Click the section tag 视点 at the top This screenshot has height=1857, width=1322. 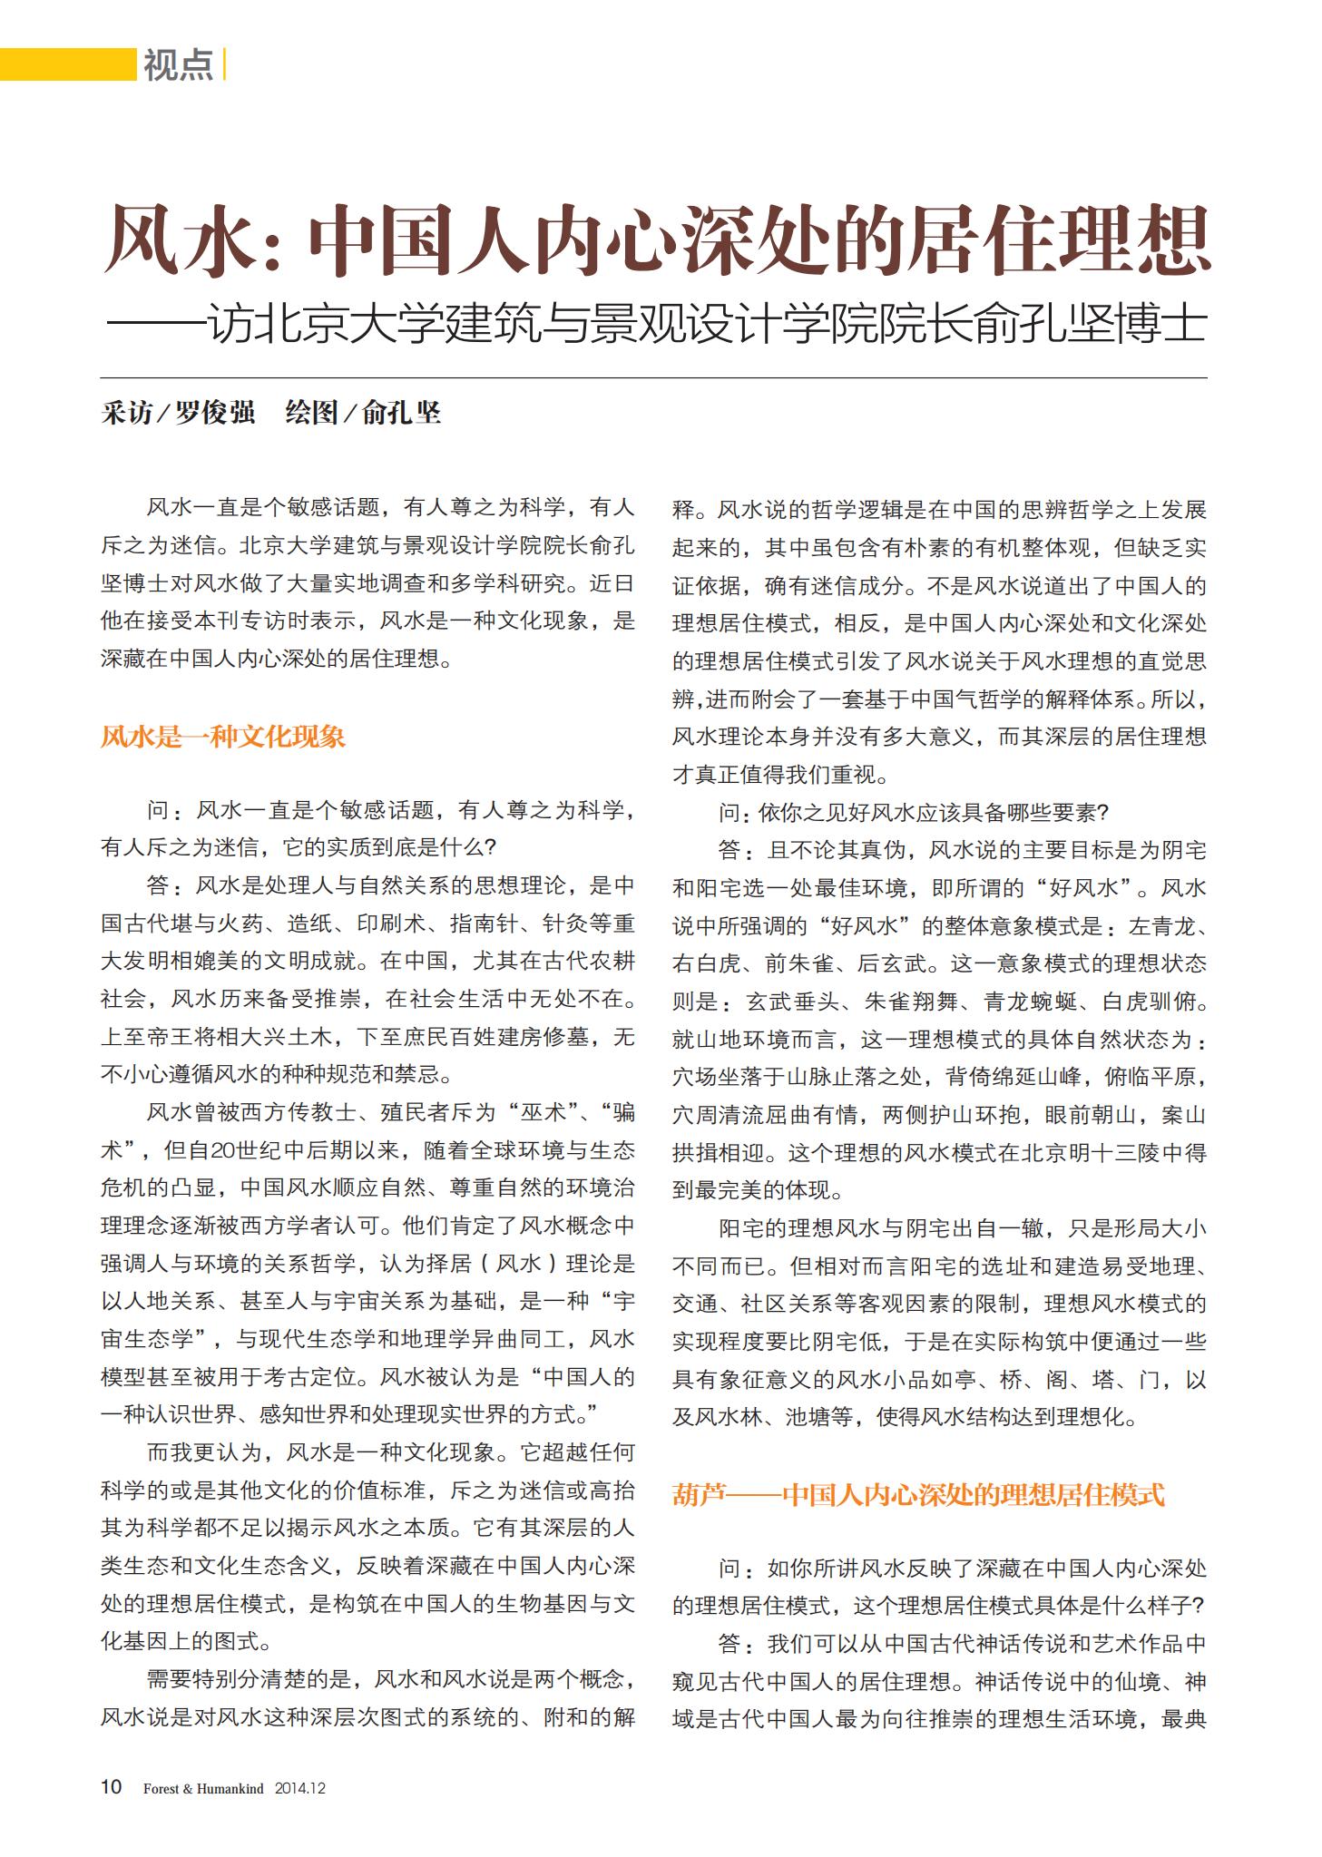pyautogui.click(x=178, y=64)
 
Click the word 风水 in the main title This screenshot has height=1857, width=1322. pyautogui.click(x=173, y=239)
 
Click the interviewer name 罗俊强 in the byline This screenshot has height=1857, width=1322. pyautogui.click(x=214, y=413)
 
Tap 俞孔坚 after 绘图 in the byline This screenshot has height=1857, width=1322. pyautogui.click(x=401, y=413)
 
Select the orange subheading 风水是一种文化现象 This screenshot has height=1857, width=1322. pyautogui.click(x=223, y=736)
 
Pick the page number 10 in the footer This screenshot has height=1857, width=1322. pyautogui.click(x=110, y=1787)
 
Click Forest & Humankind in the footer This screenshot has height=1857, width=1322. pyautogui.click(x=203, y=1789)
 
